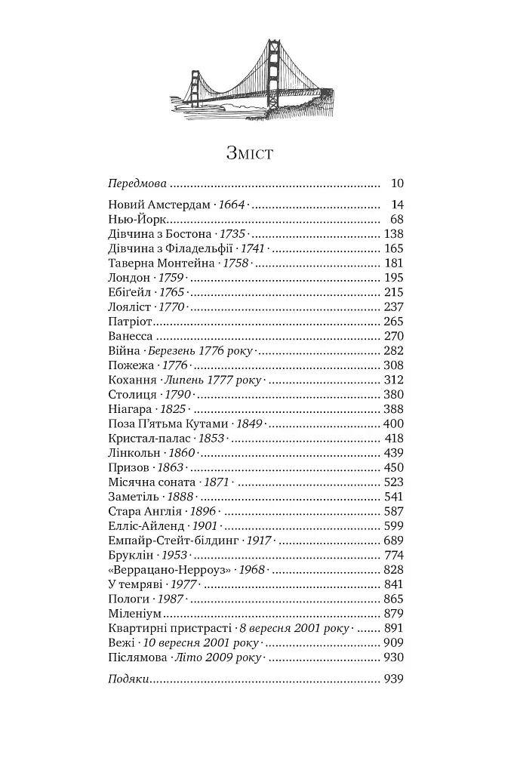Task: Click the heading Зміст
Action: (249, 154)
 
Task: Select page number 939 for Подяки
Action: (393, 679)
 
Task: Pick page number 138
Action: (393, 234)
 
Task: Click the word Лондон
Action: (130, 278)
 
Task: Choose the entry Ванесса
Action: (131, 336)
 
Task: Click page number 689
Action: (393, 541)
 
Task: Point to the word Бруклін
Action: (131, 556)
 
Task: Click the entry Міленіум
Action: (135, 614)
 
